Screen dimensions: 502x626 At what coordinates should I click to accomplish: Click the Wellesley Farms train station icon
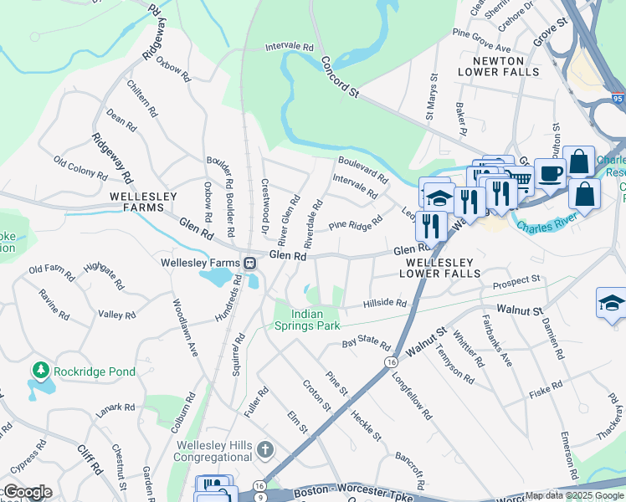[x=250, y=263]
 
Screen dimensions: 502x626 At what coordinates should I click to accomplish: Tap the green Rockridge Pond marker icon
[x=39, y=369]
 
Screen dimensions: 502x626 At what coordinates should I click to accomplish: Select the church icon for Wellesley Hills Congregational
[x=264, y=450]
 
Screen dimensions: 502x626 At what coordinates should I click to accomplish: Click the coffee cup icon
[x=549, y=174]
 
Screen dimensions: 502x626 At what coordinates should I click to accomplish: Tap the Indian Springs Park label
[x=308, y=319]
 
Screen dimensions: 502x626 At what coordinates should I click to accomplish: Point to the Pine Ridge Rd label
[x=355, y=224]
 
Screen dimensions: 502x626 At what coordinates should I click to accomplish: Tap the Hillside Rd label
[x=385, y=304]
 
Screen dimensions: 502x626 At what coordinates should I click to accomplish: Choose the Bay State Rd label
[x=367, y=344]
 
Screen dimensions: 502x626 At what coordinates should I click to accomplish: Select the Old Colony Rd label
[x=80, y=167]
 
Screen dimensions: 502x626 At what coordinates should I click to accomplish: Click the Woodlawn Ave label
[x=184, y=327]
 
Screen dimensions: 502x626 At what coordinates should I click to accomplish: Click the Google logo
[x=28, y=492]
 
